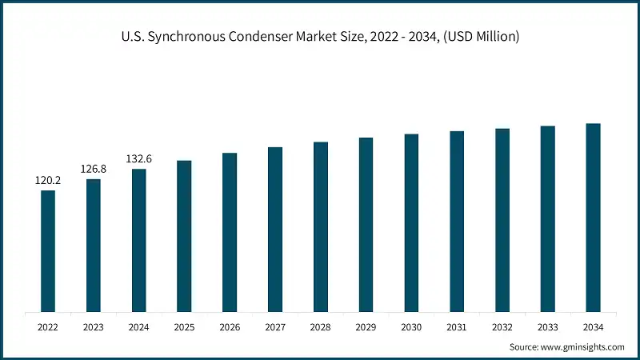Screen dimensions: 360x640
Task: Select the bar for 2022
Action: pos(48,250)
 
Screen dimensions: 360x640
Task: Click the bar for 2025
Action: pos(184,236)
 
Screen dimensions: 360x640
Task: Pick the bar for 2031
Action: pos(457,221)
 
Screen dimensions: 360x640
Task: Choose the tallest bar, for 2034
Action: pos(593,218)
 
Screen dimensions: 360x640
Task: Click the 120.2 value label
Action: pos(48,181)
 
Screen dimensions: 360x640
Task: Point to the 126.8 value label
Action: pos(94,170)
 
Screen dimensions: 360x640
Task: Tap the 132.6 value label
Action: pos(139,159)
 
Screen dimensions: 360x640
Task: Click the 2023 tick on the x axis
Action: pos(94,326)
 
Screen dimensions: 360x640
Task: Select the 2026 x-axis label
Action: pos(230,326)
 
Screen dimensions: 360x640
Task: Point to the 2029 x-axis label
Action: pos(366,326)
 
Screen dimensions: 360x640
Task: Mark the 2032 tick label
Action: pos(502,326)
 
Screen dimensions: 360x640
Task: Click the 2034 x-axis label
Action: pos(593,326)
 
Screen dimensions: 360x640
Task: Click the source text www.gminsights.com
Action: pos(580,346)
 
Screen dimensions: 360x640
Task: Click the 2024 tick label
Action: pos(139,326)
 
